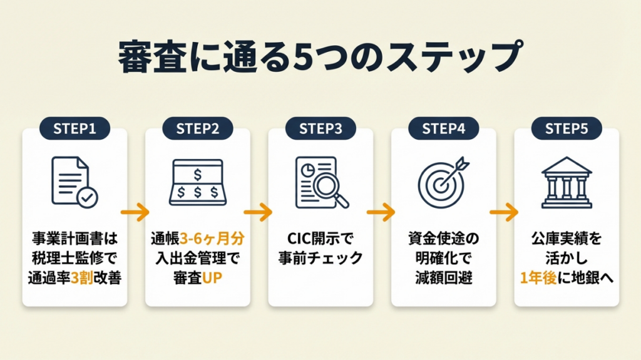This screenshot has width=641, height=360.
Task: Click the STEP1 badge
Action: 74,129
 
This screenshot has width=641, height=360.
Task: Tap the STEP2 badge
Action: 197,129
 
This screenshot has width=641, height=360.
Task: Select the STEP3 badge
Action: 320,129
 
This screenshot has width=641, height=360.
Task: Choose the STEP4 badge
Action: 443,129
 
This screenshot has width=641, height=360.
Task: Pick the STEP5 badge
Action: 567,129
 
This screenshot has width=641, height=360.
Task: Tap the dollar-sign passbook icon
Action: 197,182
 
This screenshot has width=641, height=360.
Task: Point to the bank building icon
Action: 567,182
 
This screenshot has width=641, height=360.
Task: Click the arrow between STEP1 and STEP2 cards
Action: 136,213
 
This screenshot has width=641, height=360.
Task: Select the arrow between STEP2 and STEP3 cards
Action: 259,213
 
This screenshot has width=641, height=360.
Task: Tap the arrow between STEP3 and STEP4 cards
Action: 382,213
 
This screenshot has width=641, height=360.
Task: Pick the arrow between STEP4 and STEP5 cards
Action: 505,213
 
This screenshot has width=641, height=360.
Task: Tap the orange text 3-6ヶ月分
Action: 210,239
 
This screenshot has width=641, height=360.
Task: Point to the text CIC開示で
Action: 320,239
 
